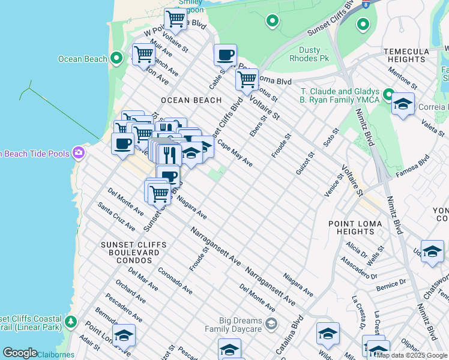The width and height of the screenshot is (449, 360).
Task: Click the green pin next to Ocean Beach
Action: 117,58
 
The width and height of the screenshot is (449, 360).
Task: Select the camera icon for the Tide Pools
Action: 78,153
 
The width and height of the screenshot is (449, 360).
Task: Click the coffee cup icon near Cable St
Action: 225,55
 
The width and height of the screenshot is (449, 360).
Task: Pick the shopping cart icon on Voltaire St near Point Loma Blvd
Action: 246,79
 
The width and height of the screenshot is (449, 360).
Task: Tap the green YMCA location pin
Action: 388,95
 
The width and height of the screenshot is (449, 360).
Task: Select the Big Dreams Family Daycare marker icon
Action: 271,324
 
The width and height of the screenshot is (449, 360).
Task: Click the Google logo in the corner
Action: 20,353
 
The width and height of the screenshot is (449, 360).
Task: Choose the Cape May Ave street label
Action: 235,154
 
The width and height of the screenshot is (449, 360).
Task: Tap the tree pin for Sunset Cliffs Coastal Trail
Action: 71,322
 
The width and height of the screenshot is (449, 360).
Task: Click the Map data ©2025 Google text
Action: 412,355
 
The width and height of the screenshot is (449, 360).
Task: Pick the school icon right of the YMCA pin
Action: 403,104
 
